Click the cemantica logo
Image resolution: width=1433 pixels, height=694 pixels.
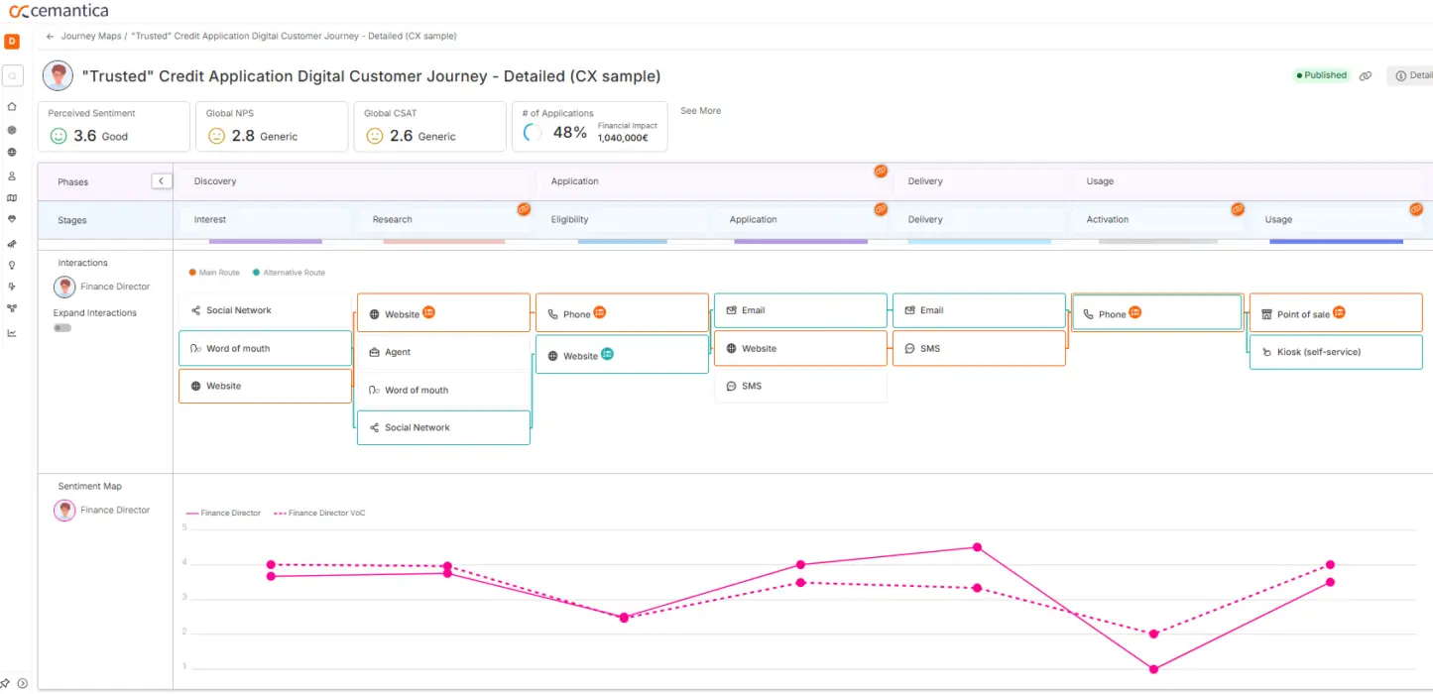[60, 11]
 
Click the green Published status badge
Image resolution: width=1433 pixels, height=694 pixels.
[1321, 75]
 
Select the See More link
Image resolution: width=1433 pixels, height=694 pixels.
[700, 111]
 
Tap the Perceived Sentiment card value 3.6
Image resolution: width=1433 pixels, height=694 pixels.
[85, 136]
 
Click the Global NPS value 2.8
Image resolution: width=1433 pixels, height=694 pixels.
[243, 136]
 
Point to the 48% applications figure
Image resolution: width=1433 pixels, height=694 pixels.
[569, 133]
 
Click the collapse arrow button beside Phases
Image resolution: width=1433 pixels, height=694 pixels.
[162, 181]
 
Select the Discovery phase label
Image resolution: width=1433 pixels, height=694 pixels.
[215, 181]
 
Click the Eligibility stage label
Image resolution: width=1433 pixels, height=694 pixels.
[569, 220]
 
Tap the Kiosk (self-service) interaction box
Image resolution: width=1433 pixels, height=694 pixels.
[1335, 352]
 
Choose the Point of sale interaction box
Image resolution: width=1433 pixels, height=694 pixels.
[1335, 313]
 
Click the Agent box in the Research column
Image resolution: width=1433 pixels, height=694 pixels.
[443, 352]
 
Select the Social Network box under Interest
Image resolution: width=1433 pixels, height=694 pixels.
[265, 310]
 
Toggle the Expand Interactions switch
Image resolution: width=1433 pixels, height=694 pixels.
[62, 328]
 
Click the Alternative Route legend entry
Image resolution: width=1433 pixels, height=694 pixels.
[293, 273]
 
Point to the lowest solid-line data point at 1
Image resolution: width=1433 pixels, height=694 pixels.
[1153, 669]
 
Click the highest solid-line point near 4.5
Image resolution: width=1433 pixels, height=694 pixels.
[977, 547]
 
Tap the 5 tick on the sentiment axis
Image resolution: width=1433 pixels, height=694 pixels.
[183, 527]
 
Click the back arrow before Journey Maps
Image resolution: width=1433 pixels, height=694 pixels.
[50, 37]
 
